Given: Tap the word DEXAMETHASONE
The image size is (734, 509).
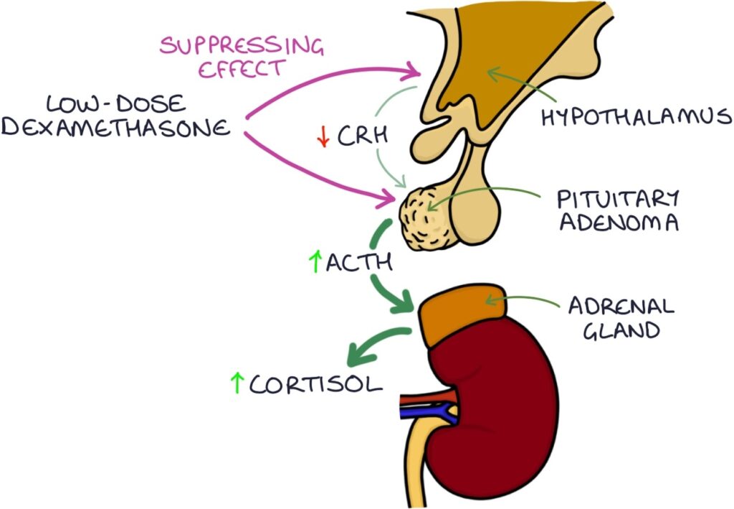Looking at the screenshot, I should (116, 129).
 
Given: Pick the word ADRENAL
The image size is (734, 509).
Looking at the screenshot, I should (621, 307).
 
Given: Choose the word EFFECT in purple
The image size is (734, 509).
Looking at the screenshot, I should (242, 70).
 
